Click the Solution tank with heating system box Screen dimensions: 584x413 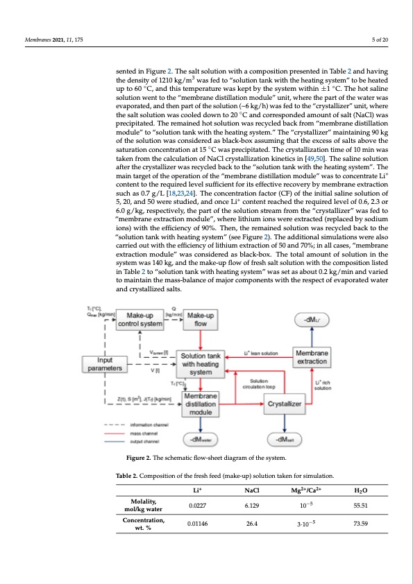[201, 364]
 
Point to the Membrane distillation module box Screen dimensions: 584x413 [201, 404]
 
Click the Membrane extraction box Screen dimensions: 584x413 [312, 357]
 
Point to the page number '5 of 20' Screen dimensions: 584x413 [380, 38]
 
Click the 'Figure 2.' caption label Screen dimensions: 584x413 [130, 458]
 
